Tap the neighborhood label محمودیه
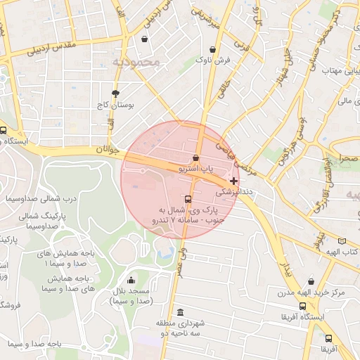tap(136, 63)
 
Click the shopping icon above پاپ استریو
tap(195, 157)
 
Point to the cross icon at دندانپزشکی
tap(233, 181)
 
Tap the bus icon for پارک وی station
tap(186, 199)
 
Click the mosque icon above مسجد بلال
tap(130, 281)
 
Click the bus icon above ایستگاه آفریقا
tap(302, 307)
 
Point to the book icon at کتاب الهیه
tap(342, 241)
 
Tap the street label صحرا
tap(347, 160)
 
